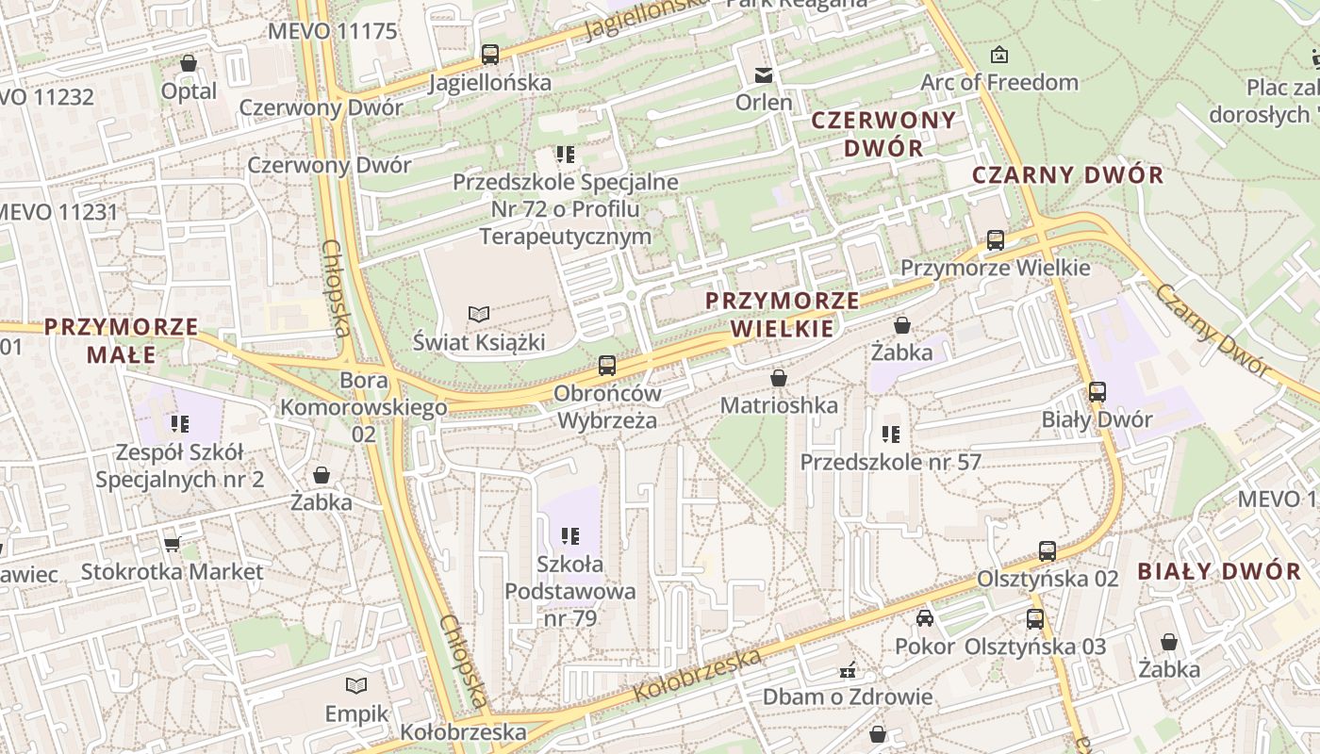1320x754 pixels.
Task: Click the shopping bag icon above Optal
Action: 189,63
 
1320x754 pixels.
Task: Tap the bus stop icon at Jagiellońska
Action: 489,55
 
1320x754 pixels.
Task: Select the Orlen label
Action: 764,102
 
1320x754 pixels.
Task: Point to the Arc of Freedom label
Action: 999,82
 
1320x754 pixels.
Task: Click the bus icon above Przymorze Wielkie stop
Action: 995,240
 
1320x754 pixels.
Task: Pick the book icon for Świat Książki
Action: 479,314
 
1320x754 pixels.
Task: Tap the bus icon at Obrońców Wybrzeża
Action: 607,366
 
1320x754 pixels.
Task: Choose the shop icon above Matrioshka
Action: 779,379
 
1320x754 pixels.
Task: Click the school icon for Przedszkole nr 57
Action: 890,434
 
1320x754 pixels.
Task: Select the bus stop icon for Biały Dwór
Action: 1097,392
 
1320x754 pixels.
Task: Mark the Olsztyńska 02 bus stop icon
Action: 1047,551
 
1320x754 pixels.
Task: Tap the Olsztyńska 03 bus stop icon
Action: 1035,619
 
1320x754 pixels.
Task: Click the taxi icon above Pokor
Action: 925,619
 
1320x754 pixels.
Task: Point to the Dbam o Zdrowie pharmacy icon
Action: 848,671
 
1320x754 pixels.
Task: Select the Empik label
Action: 356,713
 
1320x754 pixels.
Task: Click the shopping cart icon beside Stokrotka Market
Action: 172,544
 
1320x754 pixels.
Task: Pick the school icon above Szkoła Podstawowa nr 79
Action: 569,536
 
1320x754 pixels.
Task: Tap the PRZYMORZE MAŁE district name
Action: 122,340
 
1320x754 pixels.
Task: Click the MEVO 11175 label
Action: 332,31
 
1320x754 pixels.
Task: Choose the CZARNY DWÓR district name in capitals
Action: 1068,175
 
